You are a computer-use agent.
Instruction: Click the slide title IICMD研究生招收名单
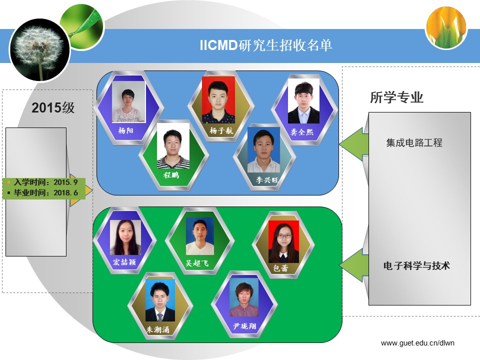[x=265, y=45]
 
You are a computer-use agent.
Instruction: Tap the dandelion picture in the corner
[x=39, y=50]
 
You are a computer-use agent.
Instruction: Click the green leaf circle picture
[x=82, y=26]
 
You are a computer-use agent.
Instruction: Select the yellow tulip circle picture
[x=446, y=28]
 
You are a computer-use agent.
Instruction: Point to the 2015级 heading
[x=53, y=108]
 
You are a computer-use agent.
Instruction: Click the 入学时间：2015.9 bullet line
[x=43, y=182]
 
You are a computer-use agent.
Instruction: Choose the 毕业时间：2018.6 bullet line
[x=43, y=193]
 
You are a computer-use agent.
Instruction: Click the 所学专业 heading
[x=396, y=97]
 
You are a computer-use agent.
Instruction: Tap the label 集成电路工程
[x=414, y=142]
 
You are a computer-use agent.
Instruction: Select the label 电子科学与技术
[x=416, y=265]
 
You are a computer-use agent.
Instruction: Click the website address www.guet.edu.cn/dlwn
[x=417, y=343]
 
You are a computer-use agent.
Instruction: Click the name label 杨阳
[x=126, y=130]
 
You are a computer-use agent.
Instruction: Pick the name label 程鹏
[x=171, y=175]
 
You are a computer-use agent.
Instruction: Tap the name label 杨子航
[x=221, y=130]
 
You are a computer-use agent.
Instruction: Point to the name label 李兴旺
[x=267, y=179]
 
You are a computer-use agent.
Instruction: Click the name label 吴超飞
[x=197, y=263]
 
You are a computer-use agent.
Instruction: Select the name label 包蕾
[x=280, y=268]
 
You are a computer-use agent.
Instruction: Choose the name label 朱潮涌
[x=157, y=329]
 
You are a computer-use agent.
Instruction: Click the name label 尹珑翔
[x=244, y=326]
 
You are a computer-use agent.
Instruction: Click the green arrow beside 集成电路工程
[x=354, y=144]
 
